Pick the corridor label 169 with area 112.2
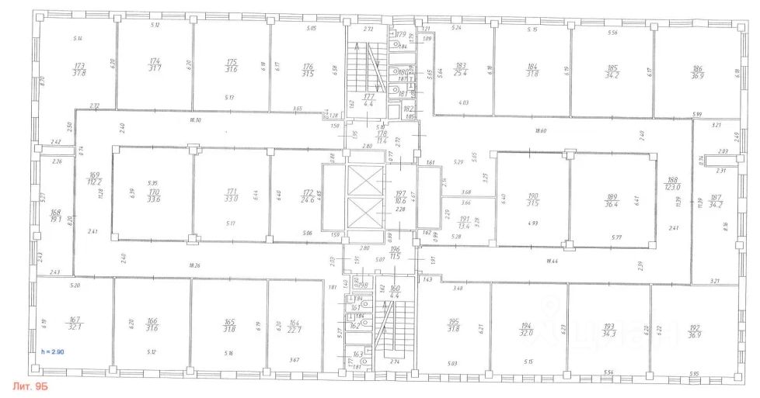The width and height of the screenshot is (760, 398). [96, 179]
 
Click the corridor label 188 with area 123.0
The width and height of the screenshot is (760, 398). [672, 182]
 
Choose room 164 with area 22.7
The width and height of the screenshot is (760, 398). [294, 326]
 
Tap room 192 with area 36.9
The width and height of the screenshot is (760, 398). [691, 331]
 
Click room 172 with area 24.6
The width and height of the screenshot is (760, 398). [308, 196]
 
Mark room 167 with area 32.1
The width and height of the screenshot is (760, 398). [75, 324]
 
